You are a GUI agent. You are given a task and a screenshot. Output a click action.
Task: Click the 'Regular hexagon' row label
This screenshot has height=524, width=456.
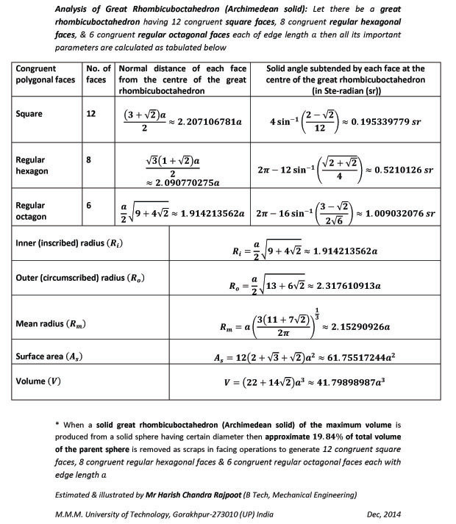[x=34, y=165]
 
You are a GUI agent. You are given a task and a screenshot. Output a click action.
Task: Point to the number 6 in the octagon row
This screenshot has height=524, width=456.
[x=90, y=206]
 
